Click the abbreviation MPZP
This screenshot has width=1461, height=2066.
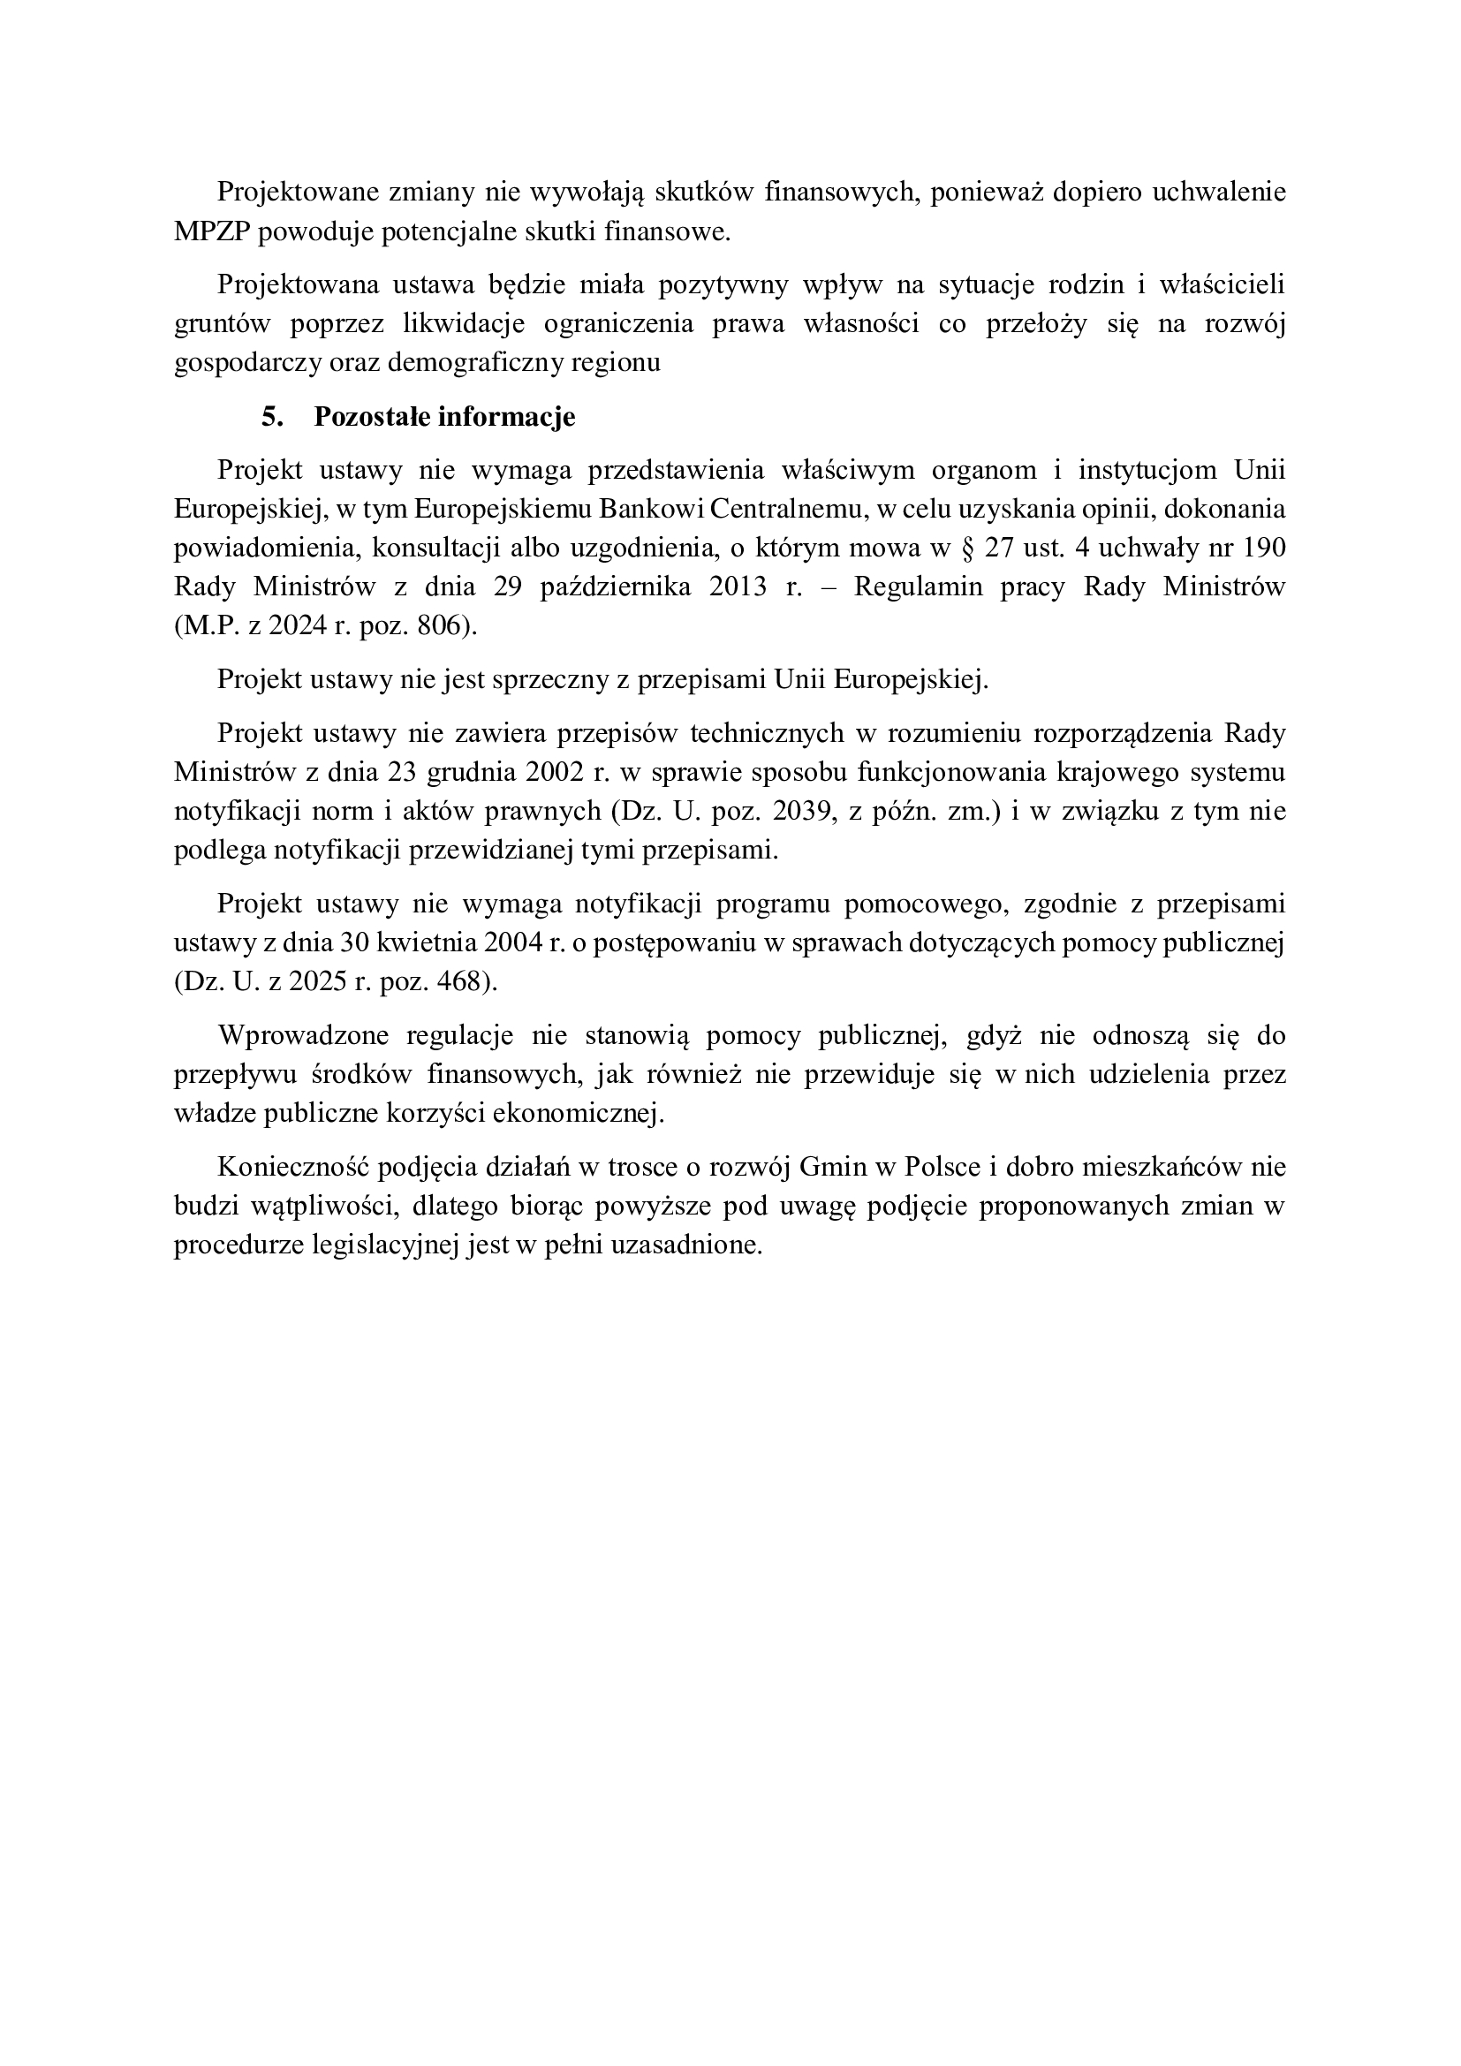pos(212,232)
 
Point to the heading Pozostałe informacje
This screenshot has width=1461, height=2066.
pos(444,418)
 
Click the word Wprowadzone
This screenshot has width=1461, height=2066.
pos(303,1035)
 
